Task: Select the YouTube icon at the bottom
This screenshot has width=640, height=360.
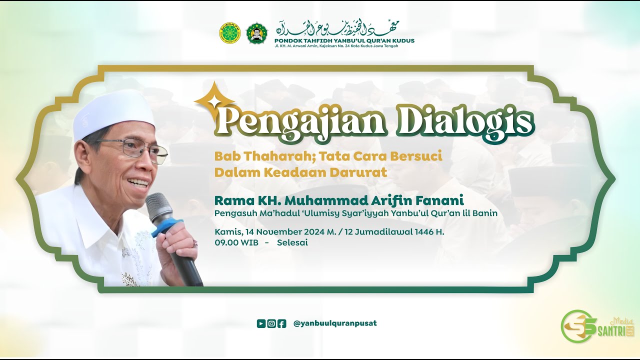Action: tap(261, 323)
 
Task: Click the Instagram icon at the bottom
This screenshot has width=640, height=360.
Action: tap(271, 323)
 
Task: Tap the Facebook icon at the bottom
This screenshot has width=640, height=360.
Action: tap(282, 323)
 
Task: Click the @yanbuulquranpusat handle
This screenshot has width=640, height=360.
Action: tap(335, 323)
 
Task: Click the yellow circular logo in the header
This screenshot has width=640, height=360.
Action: tap(229, 33)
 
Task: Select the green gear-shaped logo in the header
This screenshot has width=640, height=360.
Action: tap(257, 33)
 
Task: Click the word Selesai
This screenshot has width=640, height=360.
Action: tap(292, 243)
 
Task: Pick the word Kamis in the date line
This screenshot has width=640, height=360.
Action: tap(227, 232)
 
